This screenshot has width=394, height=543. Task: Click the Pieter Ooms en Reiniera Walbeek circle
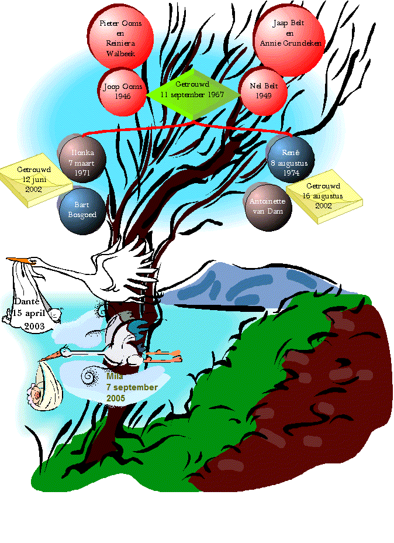coord(121,37)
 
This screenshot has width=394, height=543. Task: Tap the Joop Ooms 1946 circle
coord(122,92)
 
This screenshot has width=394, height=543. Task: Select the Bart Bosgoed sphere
coord(82,210)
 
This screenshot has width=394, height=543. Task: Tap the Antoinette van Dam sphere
coord(268,205)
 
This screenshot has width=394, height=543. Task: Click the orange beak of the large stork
coord(17,259)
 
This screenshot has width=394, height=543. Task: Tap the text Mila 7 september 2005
coord(132,387)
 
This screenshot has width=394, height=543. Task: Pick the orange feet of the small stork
coord(169,356)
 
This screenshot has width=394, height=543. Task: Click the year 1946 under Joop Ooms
coord(122,96)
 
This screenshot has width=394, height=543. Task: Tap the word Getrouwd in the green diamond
coord(192,84)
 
